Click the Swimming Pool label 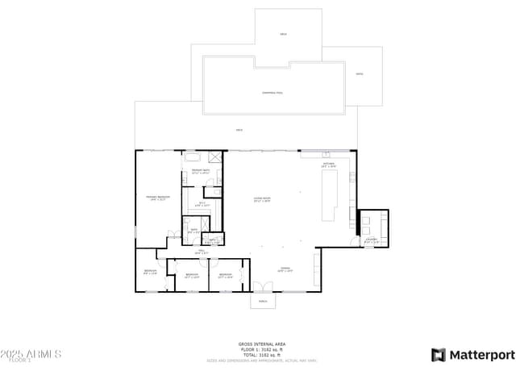coord(272,93)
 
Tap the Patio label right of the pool coord(359,74)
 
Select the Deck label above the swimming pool coord(283,34)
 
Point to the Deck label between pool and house coord(239,130)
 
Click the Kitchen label coord(328,165)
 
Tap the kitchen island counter coord(329,195)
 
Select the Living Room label coord(262,198)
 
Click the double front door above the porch coord(262,288)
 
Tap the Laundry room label coord(372,240)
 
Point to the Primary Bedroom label coord(157,198)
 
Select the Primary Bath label coord(201,171)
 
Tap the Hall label coord(203,252)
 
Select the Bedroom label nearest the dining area coord(225,275)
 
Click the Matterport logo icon coord(439,355)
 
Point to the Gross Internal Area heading coord(262,344)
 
